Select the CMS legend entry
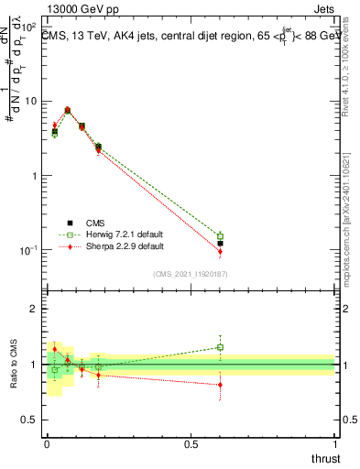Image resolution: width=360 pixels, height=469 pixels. [x=95, y=222]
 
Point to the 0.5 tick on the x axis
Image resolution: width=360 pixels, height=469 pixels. [x=191, y=443]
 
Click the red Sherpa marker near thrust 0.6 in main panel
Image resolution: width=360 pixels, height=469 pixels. [x=220, y=252]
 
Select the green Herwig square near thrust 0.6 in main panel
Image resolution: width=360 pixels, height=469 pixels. [x=220, y=236]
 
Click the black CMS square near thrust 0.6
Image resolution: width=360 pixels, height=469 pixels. [x=220, y=244]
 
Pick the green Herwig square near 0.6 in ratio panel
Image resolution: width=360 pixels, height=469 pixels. [x=220, y=347]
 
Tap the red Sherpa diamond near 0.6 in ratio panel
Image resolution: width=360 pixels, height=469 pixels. [x=220, y=385]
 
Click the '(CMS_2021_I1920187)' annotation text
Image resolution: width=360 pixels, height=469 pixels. [x=190, y=274]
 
